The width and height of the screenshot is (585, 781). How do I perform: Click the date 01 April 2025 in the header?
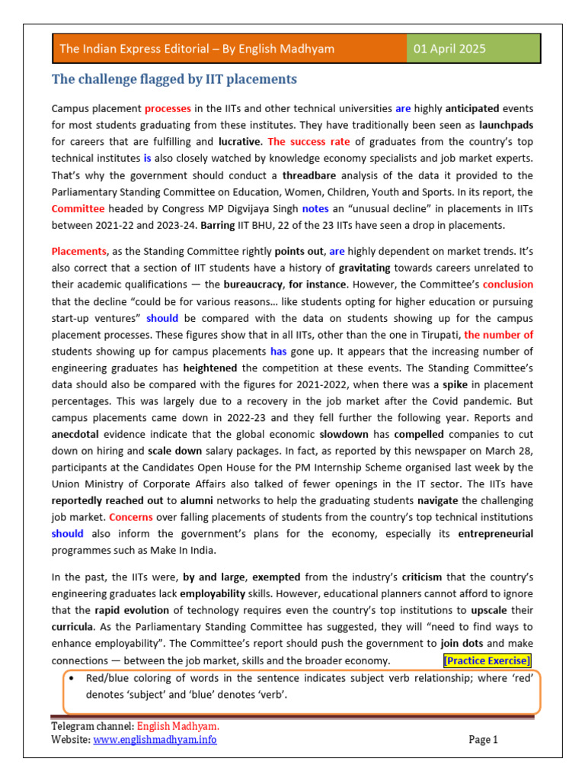click(x=449, y=49)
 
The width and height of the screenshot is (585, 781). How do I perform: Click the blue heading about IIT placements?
click(x=174, y=79)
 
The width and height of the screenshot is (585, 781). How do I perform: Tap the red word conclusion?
click(x=507, y=284)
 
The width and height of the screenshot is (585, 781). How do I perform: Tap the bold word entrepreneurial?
click(x=495, y=534)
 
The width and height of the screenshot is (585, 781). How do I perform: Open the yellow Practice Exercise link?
click(x=487, y=660)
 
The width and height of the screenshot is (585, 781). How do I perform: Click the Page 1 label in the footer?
click(x=483, y=739)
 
